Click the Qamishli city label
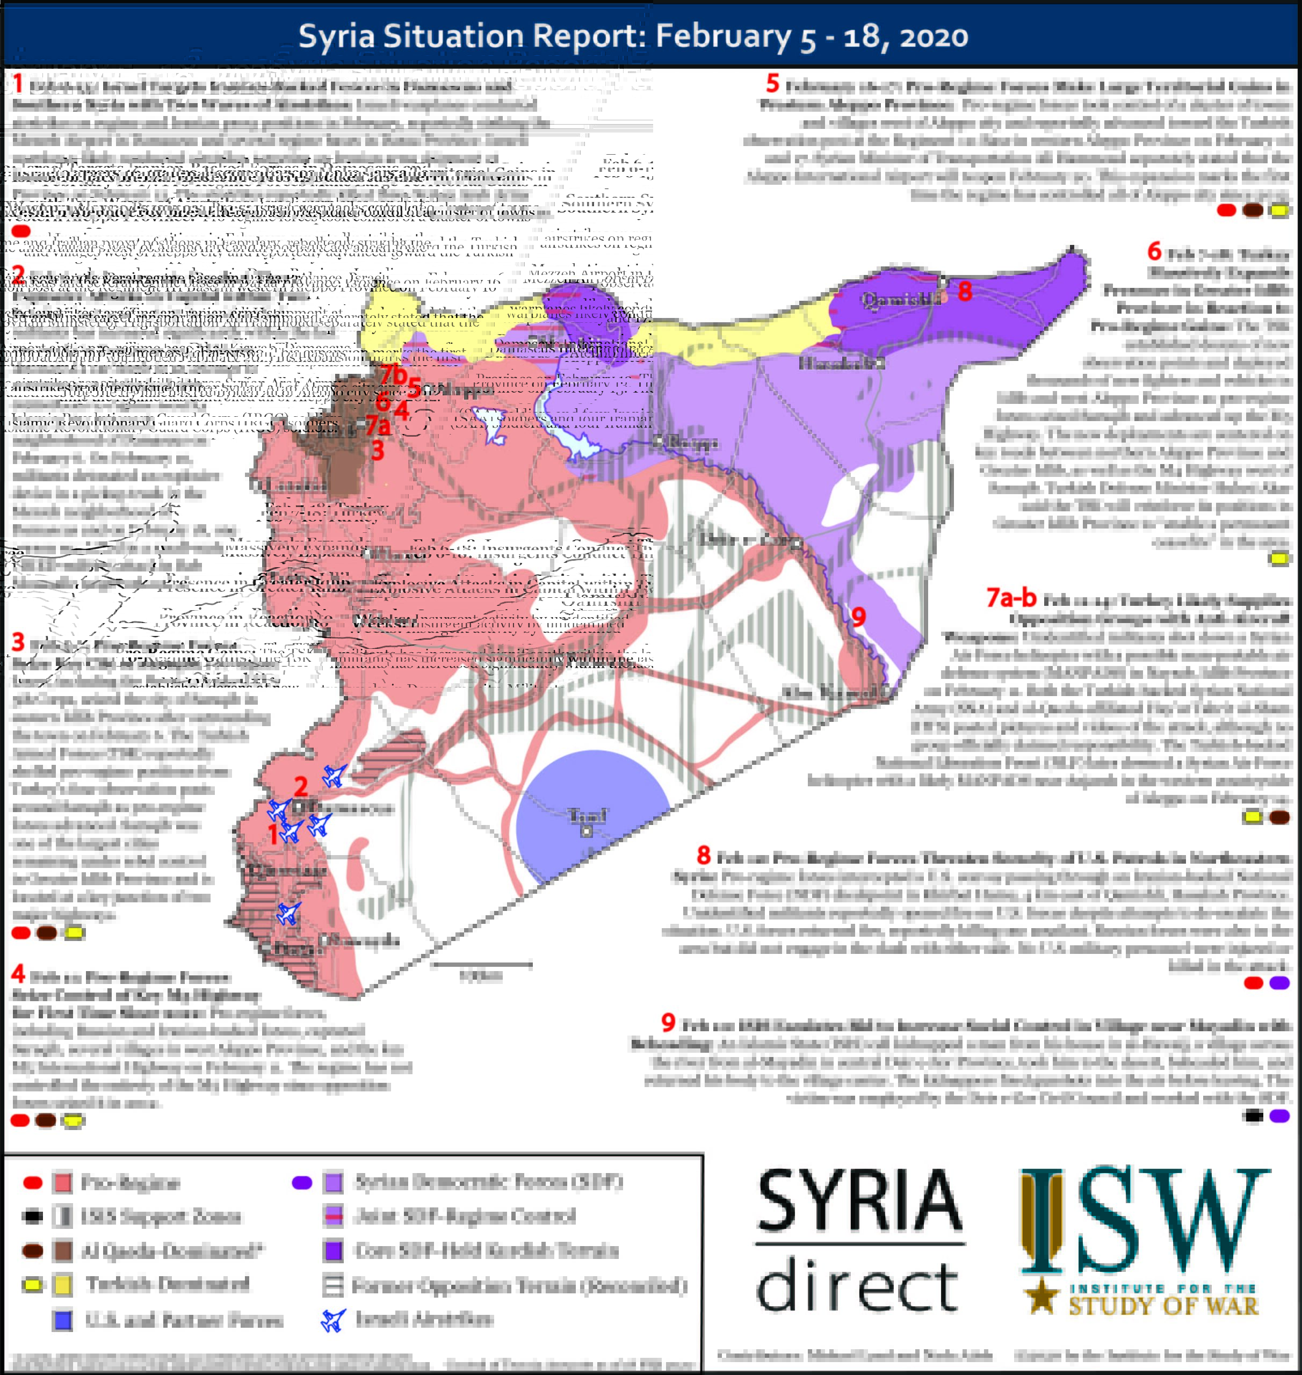click(901, 299)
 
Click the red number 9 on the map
click(858, 617)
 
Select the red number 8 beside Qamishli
click(965, 292)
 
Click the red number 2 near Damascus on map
click(300, 786)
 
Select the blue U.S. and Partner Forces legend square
click(63, 1320)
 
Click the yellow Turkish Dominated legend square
click(63, 1285)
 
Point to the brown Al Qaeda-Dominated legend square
click(63, 1251)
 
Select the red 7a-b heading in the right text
click(1011, 597)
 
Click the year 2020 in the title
click(934, 35)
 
